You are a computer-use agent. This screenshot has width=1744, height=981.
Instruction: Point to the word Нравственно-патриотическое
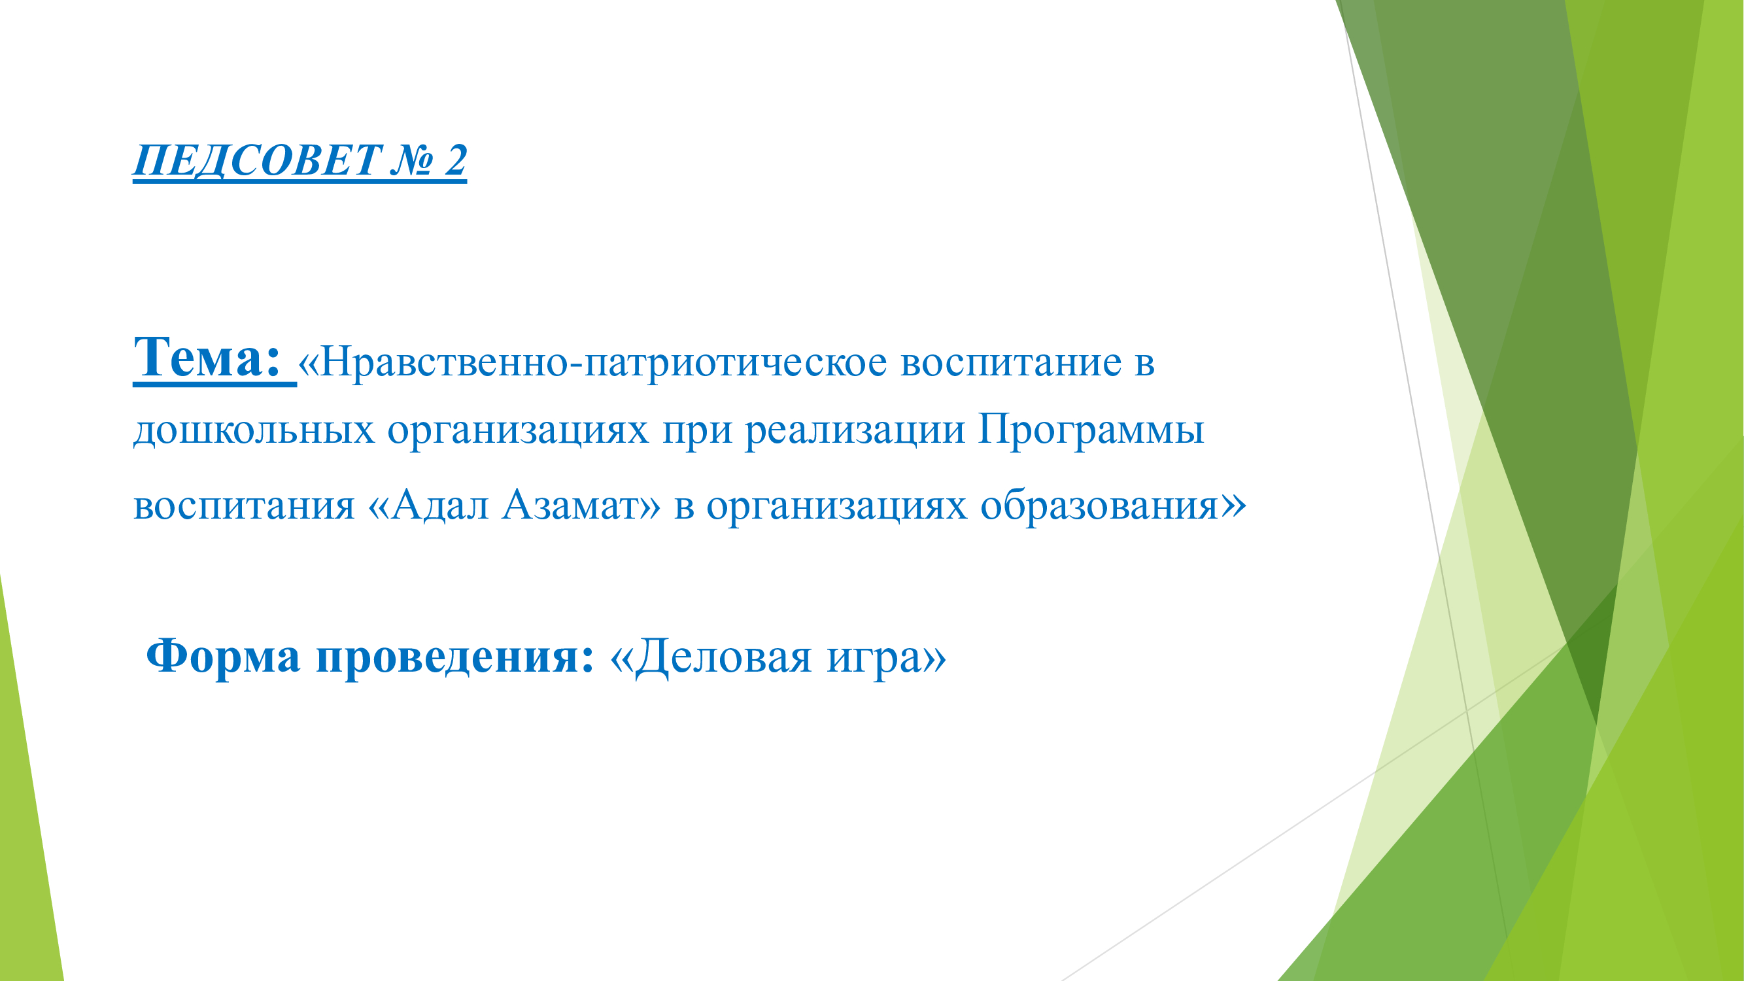pos(602,362)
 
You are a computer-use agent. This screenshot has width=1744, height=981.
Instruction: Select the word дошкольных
pos(253,430)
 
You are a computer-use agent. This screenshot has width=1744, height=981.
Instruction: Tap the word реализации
pos(855,430)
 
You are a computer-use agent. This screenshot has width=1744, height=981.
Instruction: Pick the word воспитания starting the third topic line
pos(244,505)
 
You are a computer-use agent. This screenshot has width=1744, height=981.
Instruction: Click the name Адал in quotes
pos(440,505)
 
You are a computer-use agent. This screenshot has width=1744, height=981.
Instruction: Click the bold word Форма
pos(223,657)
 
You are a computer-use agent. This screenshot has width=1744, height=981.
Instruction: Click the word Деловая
pos(723,657)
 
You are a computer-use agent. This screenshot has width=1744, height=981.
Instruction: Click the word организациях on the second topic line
pos(518,430)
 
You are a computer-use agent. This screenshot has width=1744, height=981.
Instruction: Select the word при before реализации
pos(696,430)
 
